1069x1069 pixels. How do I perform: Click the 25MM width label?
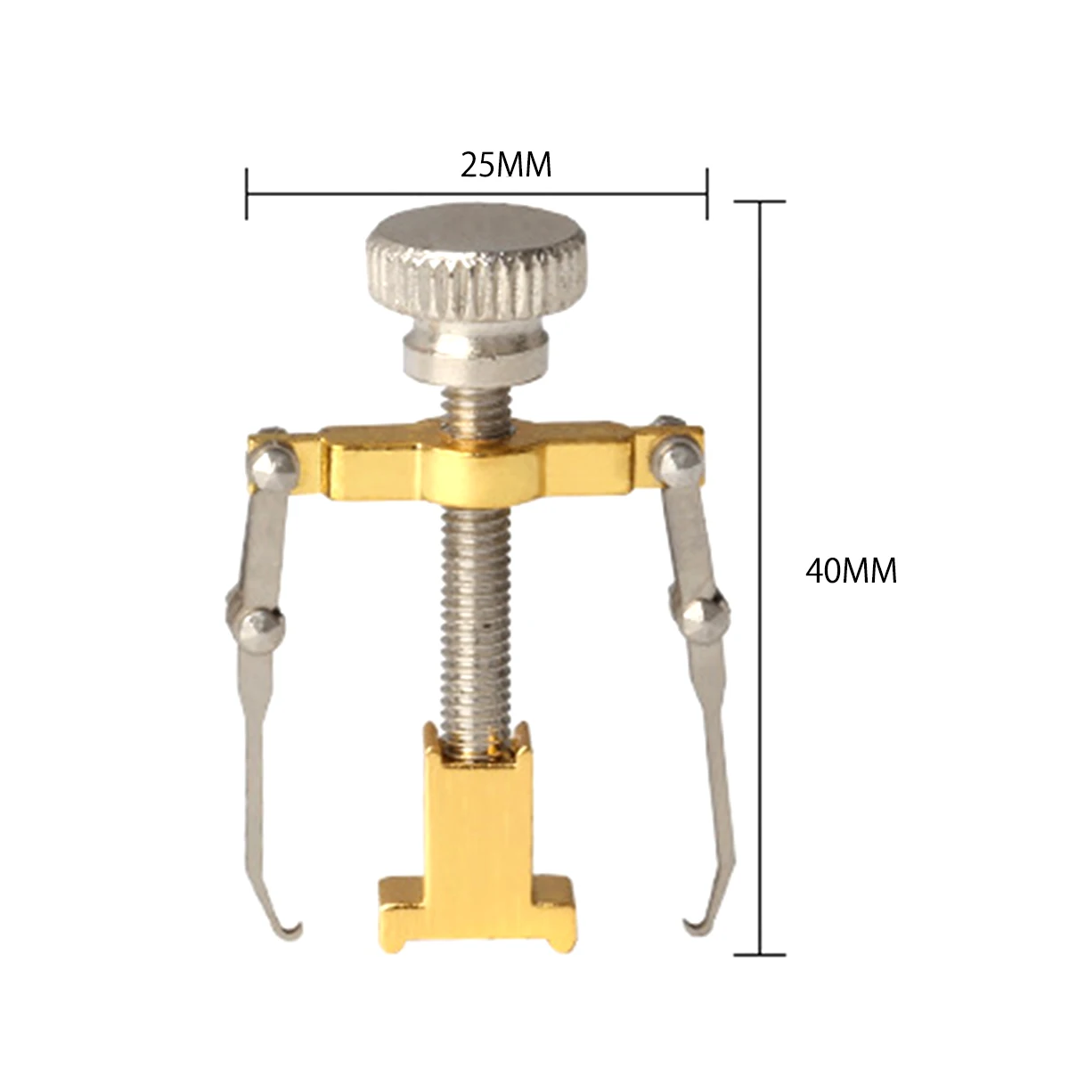coord(506,165)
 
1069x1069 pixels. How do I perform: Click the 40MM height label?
coord(851,570)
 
